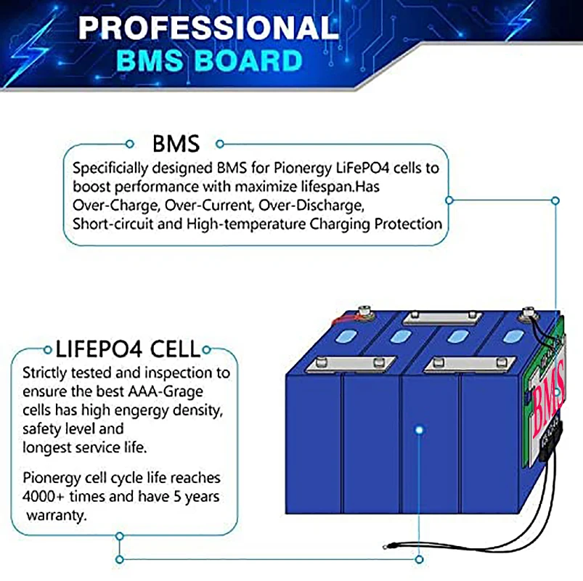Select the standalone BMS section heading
pyautogui.click(x=176, y=142)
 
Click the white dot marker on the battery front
pyautogui.click(x=420, y=430)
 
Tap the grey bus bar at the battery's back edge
pyautogui.click(x=442, y=316)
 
